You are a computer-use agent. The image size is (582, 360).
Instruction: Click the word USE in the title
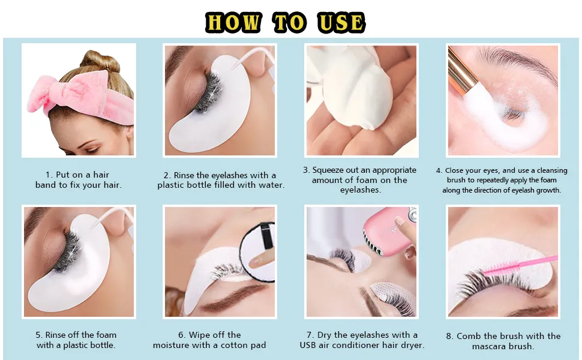(x=341, y=22)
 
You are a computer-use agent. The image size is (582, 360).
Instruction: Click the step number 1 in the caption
(x=48, y=175)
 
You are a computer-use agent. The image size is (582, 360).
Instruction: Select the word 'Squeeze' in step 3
(x=328, y=170)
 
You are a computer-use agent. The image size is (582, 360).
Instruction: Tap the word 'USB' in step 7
(x=308, y=345)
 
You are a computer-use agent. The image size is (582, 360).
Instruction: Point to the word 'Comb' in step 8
(x=469, y=336)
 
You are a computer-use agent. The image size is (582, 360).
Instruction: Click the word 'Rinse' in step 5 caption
(x=57, y=335)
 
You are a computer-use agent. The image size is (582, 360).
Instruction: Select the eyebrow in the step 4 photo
(x=520, y=59)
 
